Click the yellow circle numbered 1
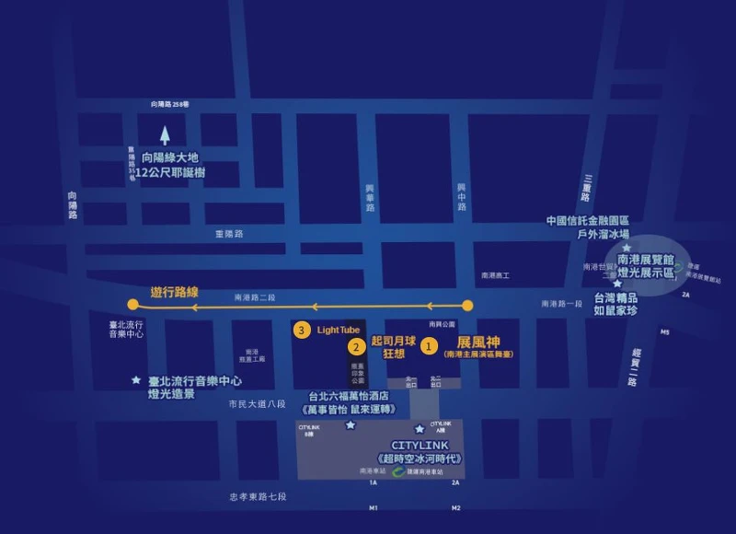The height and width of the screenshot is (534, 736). click(428, 347)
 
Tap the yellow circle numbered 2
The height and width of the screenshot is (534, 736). click(355, 347)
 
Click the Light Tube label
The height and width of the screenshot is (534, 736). click(339, 330)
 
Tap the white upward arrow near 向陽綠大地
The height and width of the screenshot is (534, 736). click(165, 136)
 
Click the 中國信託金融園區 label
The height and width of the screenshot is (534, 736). click(588, 221)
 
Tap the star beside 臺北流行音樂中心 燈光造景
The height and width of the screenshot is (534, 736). click(136, 379)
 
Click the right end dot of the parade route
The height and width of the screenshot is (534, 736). click(467, 305)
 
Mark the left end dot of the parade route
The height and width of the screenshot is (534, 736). click(133, 305)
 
